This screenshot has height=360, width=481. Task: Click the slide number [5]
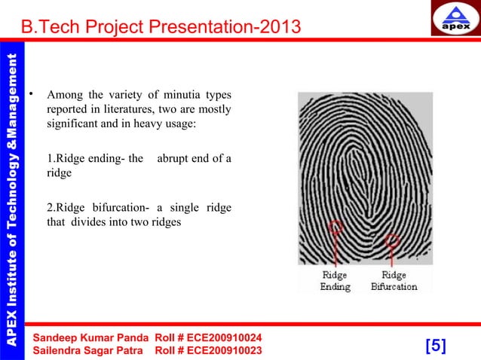[x=436, y=346]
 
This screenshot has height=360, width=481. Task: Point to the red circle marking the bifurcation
[x=392, y=242]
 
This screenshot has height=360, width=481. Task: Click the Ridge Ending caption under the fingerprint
[x=335, y=281]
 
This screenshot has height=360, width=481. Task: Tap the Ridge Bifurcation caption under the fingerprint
[x=394, y=281]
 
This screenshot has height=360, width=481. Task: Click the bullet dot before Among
[x=31, y=95]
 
